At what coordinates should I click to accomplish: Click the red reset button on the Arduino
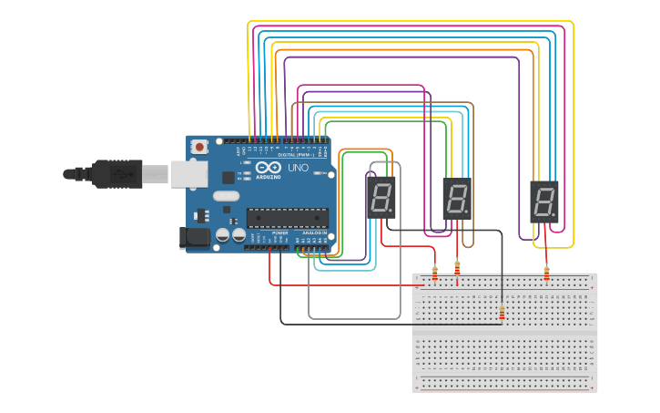pyautogui.click(x=198, y=146)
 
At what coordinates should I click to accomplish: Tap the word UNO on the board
pyautogui.click(x=298, y=169)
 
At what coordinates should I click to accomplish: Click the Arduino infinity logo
pyautogui.click(x=269, y=168)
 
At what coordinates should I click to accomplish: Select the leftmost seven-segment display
pyautogui.click(x=381, y=197)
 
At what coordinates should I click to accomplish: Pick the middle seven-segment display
pyautogui.click(x=458, y=199)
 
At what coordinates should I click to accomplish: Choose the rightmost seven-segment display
pyautogui.click(x=544, y=201)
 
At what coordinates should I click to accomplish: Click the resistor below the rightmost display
pyautogui.click(x=546, y=273)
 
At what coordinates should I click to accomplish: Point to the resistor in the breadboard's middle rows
pyautogui.click(x=502, y=313)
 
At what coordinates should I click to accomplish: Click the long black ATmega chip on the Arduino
pyautogui.click(x=288, y=218)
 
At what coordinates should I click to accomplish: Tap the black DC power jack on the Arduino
pyautogui.click(x=195, y=238)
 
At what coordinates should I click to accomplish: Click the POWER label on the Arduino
pyautogui.click(x=279, y=233)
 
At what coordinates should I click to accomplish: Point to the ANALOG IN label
pyautogui.click(x=314, y=233)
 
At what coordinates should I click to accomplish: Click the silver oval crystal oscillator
pyautogui.click(x=226, y=195)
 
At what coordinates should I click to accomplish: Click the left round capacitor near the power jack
pyautogui.click(x=223, y=235)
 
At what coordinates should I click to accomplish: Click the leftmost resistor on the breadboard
pyautogui.click(x=434, y=273)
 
